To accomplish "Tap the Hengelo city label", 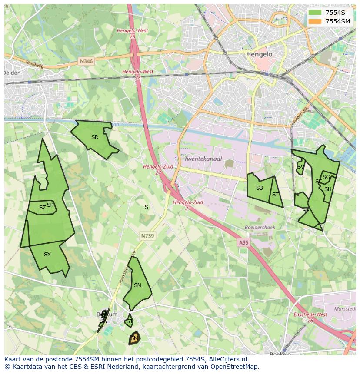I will [x=259, y=55].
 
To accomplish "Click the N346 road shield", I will [x=86, y=62].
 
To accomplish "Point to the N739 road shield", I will [x=147, y=236].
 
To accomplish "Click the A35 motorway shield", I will [x=243, y=243].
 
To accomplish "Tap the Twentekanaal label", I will [x=203, y=159].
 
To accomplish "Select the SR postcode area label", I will [x=95, y=137].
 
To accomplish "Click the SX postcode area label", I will [x=47, y=255].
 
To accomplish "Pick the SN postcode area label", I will [x=137, y=285].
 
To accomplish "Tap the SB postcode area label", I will [x=260, y=188].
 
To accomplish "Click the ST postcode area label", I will [x=275, y=195].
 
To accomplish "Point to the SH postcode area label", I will [x=328, y=189].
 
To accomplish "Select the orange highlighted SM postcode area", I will [x=134, y=338].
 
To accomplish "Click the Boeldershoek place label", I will [x=260, y=227].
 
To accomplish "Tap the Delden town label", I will [x=12, y=73].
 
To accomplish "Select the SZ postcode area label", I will [x=42, y=208].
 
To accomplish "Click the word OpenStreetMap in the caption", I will [x=237, y=367].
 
